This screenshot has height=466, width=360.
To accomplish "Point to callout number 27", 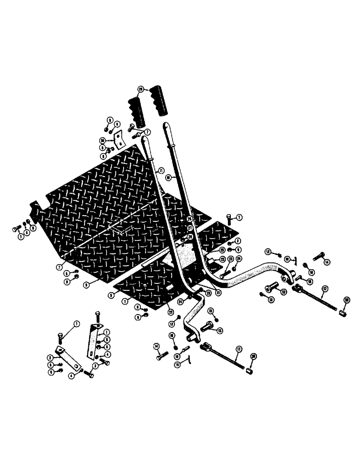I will (x=190, y=227).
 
